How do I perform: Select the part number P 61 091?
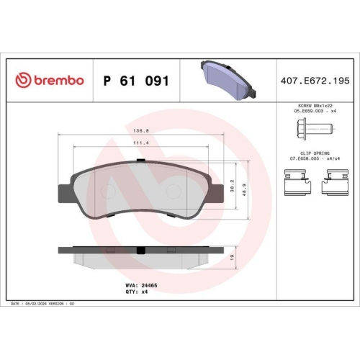point(136,81)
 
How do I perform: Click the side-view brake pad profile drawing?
point(142,253)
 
